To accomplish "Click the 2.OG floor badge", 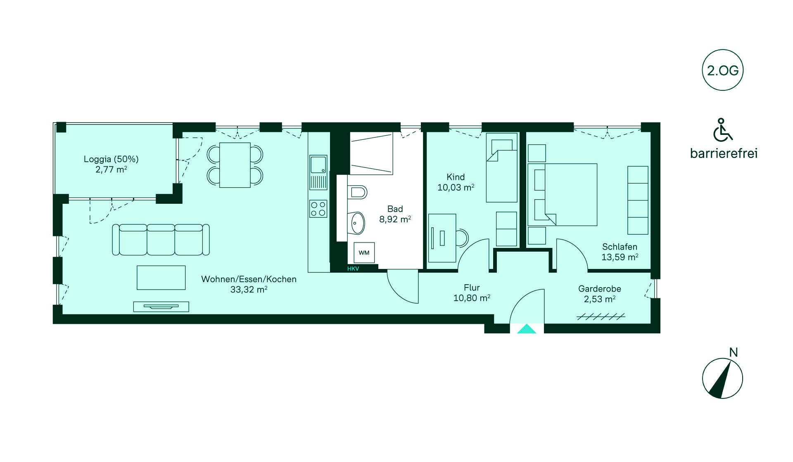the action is tap(722, 70).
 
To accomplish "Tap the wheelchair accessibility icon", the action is tap(722, 130).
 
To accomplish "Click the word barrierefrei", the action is tap(724, 153).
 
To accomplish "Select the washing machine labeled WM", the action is tap(364, 252).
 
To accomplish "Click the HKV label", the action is tap(353, 269).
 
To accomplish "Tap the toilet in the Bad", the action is tap(358, 192).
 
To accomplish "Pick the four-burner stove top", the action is tap(318, 209).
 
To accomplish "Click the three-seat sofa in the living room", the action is tap(161, 240).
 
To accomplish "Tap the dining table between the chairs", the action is tap(235, 165).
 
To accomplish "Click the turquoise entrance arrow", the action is tap(527, 329).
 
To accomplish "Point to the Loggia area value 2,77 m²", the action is tap(111, 169).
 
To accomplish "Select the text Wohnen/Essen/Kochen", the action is tap(249, 279).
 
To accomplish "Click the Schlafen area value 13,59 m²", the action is tap(620, 257).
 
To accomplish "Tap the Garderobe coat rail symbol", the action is tap(601, 317).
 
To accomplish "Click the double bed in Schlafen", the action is tap(563, 195).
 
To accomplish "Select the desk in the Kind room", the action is tap(442, 238).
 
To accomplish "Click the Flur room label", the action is tap(472, 288).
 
